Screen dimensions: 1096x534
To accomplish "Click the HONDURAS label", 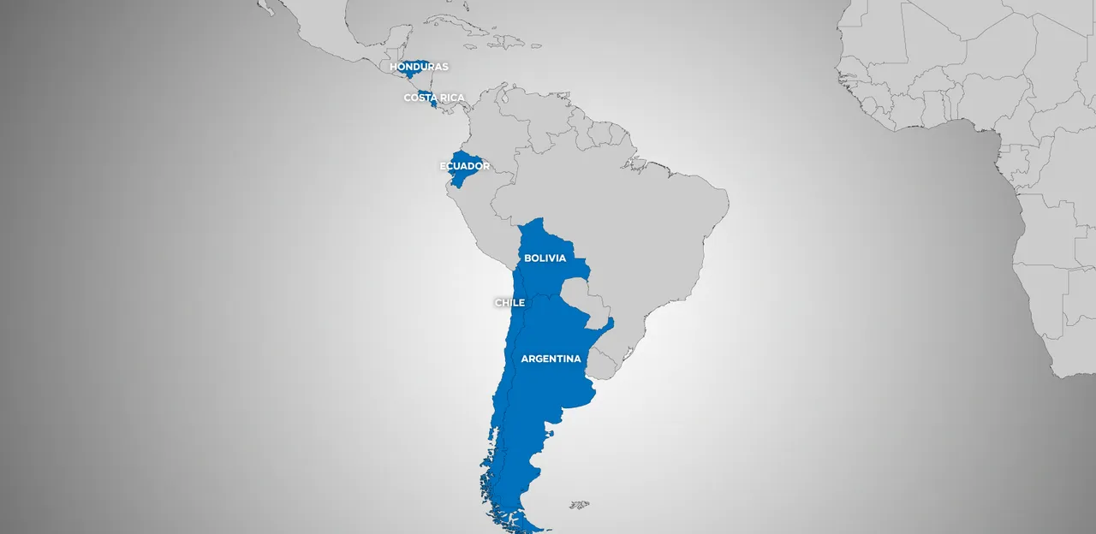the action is coord(419,67).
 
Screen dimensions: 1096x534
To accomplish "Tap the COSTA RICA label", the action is coord(434,98).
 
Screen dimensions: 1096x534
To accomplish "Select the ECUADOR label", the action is coord(464,166).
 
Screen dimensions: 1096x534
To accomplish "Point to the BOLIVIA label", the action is coord(545,258).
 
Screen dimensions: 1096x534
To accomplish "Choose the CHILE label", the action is coord(509,302).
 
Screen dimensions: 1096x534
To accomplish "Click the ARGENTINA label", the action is coord(551,359).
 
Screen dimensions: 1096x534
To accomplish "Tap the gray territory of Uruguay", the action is coord(604,363).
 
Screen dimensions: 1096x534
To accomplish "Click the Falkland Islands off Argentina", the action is coord(580,505).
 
